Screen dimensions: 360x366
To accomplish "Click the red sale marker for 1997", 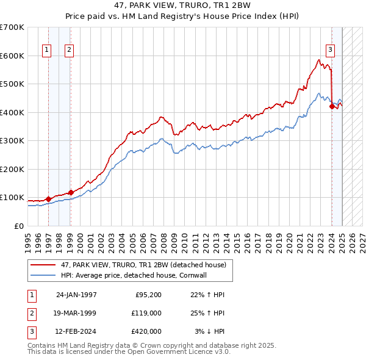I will pos(48,198).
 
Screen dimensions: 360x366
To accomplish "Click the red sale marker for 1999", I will pos(71,192).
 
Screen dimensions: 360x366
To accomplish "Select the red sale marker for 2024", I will pos(332,106).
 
